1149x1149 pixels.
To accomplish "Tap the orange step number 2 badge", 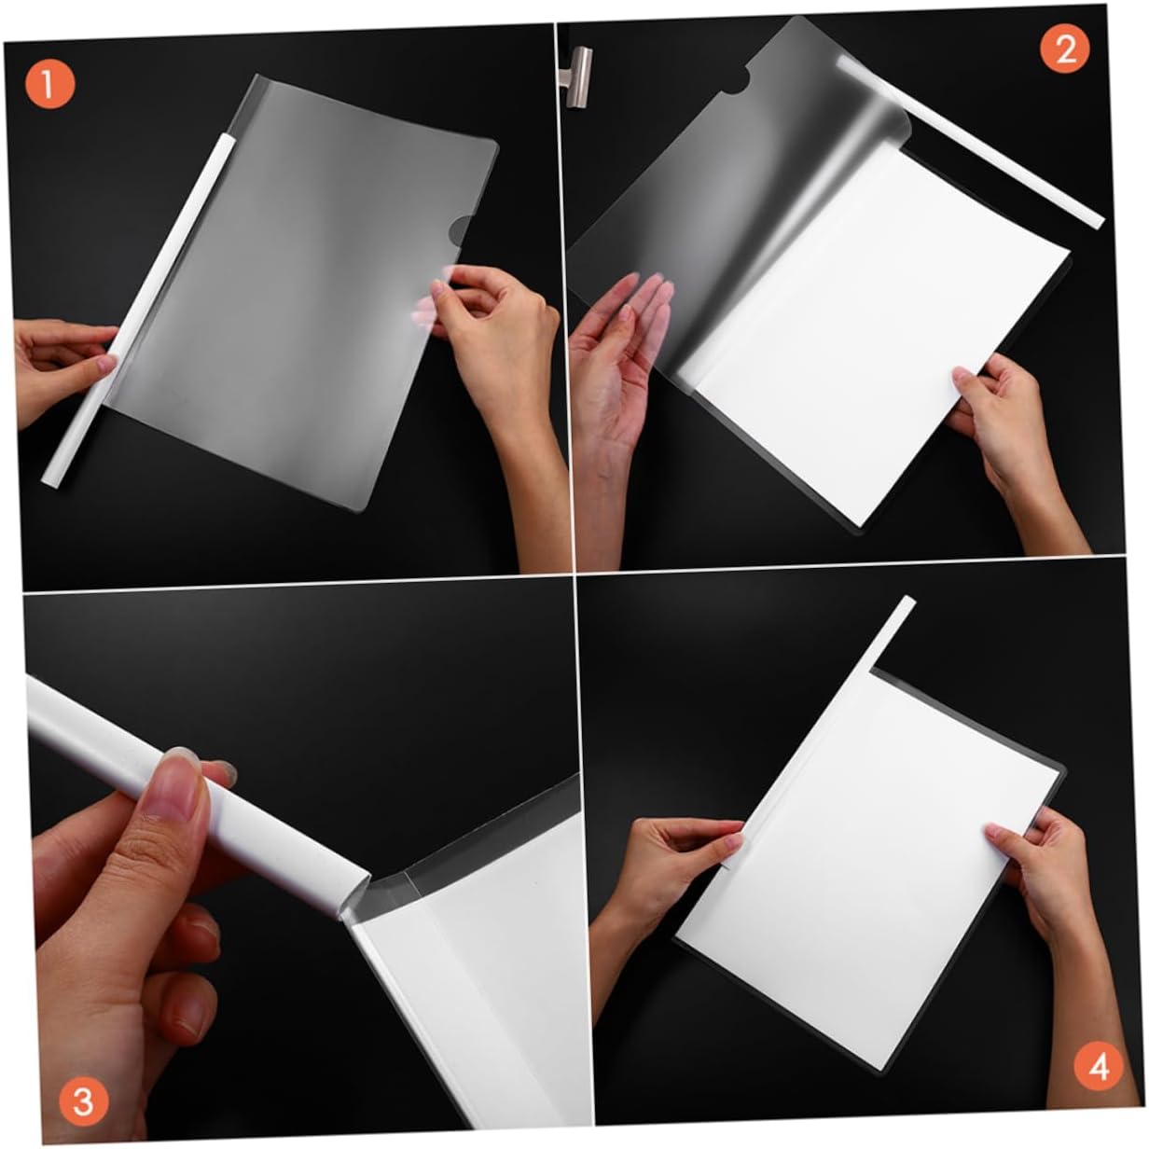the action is coord(1065,50).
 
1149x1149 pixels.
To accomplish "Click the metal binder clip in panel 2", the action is coord(575,77).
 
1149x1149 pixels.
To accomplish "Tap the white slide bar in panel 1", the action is coord(137,310).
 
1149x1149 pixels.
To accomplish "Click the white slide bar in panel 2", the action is coord(970,142).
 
